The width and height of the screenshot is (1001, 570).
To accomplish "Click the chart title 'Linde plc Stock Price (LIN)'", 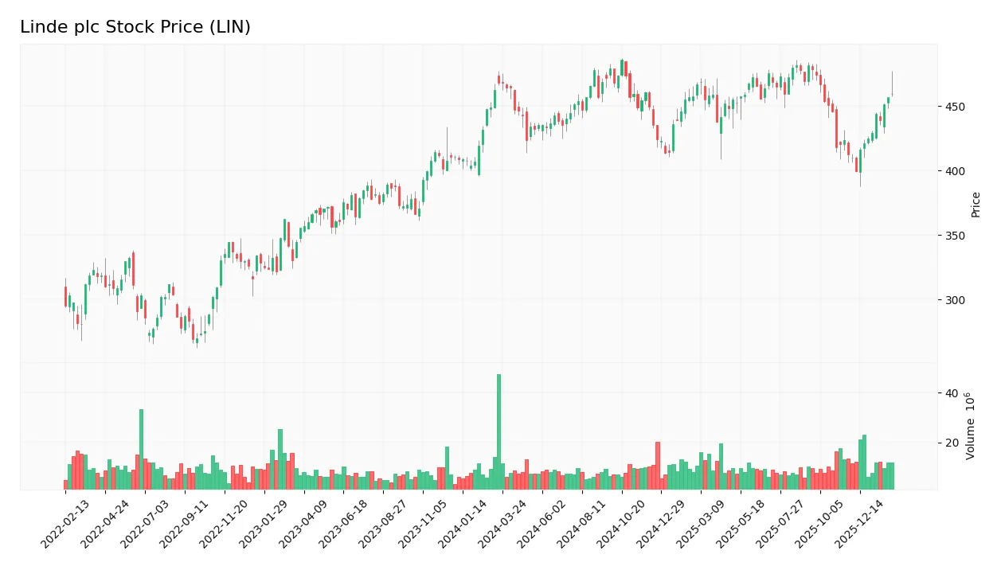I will click(x=135, y=27).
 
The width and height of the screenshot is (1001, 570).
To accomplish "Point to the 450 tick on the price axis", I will click(x=956, y=107).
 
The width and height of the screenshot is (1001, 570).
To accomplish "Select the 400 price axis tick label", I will click(x=956, y=171).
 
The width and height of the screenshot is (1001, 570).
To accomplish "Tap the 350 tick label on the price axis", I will click(x=956, y=236).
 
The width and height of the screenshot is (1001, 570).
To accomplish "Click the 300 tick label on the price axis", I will click(x=956, y=300).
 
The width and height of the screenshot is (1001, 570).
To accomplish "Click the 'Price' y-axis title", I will click(x=976, y=205).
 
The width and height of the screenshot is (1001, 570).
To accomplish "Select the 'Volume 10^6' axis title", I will click(x=971, y=426).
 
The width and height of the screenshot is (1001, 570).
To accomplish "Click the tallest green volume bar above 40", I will click(x=499, y=431).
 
